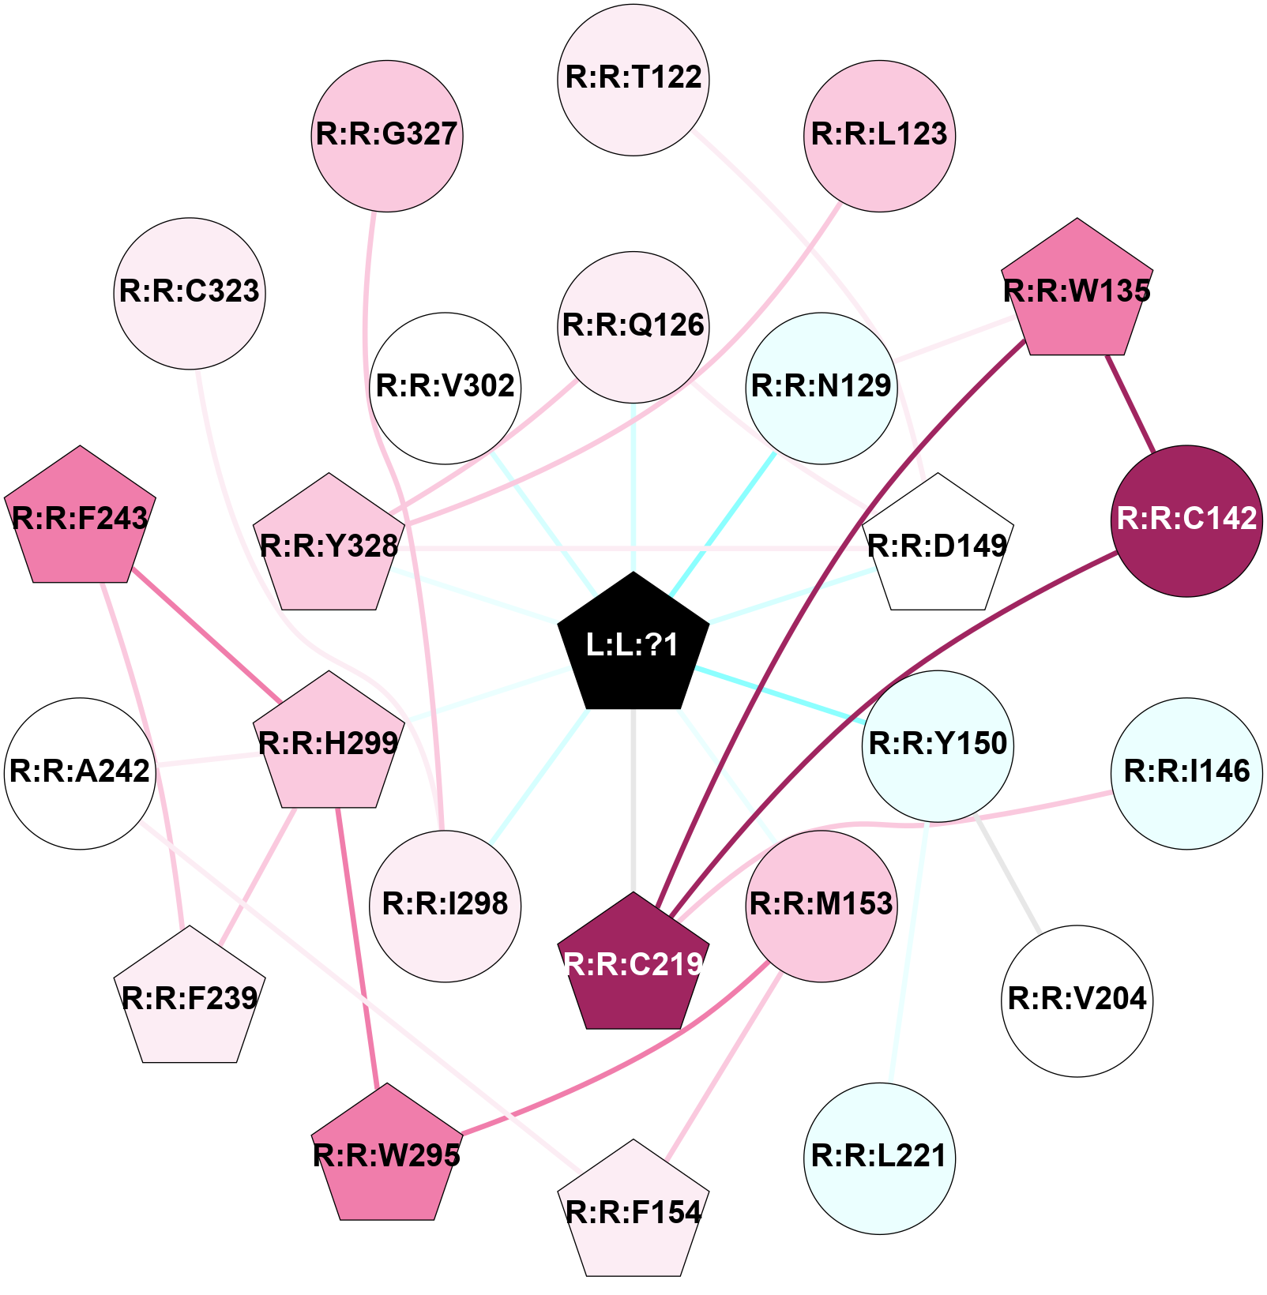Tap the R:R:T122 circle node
point(633,79)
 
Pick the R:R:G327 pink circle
point(386,135)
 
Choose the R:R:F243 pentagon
point(80,518)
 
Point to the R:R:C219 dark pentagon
point(633,963)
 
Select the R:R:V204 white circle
point(1077,1000)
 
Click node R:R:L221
point(879,1157)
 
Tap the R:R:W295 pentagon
point(386,1155)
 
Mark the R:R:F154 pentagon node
point(633,1211)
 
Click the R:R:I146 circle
point(1186,772)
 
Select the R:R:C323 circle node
point(190,293)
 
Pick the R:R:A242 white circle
point(80,772)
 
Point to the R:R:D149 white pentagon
point(937,546)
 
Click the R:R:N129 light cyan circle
point(821,387)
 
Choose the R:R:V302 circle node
point(445,387)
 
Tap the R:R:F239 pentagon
point(190,998)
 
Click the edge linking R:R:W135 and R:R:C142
point(1131,404)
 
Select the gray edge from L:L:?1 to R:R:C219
point(633,798)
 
